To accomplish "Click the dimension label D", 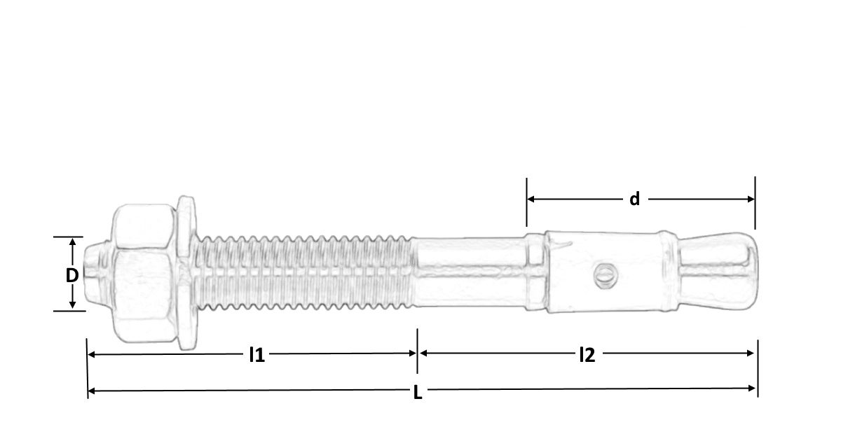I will tap(71, 275).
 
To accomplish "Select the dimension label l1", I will tap(257, 355).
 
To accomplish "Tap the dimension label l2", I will tap(587, 355).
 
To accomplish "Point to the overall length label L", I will tap(418, 393).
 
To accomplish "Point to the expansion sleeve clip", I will tap(603, 273).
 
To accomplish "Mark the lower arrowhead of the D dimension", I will tap(72, 306).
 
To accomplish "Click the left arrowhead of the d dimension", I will tap(531, 199).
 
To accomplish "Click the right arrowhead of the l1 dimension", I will tap(413, 354).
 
